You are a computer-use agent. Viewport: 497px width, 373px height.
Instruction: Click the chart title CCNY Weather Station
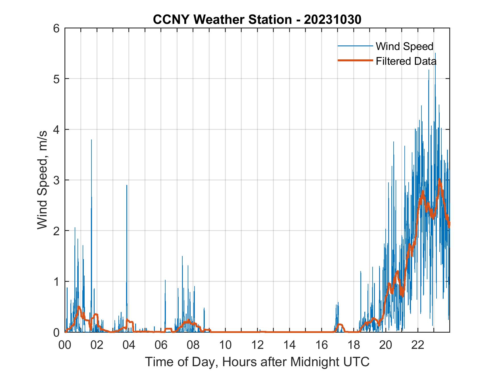click(x=222, y=20)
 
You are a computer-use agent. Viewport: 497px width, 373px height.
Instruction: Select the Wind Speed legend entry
click(x=404, y=46)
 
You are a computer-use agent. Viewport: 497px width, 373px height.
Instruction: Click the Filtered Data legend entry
click(x=406, y=61)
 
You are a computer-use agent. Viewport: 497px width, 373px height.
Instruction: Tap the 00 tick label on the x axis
click(x=65, y=345)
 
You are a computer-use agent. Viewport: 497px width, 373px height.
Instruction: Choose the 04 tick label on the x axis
click(x=129, y=345)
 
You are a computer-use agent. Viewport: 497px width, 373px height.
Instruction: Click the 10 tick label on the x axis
click(x=225, y=345)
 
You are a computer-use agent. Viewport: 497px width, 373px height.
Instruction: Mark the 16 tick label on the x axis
click(x=321, y=345)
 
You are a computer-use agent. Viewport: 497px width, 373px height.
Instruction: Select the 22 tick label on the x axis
click(x=418, y=345)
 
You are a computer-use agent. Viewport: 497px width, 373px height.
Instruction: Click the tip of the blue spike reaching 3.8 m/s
click(x=91, y=140)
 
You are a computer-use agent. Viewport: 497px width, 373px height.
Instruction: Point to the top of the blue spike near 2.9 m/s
click(x=127, y=185)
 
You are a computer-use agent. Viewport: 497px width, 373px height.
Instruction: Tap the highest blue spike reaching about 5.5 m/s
click(x=435, y=53)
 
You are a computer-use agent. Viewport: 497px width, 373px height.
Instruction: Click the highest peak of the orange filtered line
click(x=439, y=179)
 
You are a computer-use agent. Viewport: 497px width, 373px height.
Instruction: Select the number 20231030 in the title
click(x=333, y=20)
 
